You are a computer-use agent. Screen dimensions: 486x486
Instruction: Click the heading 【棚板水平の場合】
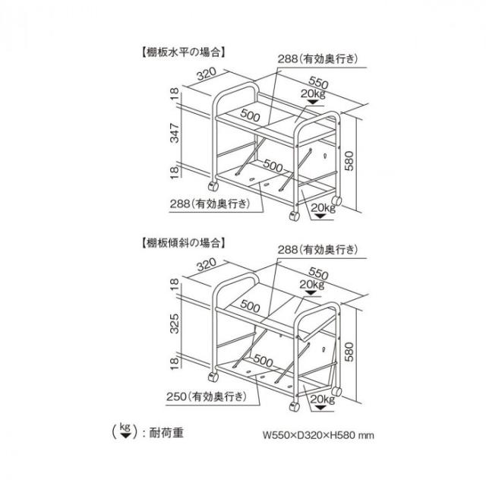[x=183, y=52]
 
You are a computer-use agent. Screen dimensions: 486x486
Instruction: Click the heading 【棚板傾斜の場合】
[x=183, y=242]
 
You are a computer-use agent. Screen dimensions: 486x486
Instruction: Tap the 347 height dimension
[x=175, y=134]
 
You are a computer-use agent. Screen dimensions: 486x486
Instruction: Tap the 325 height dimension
[x=175, y=323]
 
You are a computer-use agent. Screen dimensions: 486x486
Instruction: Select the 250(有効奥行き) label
[x=207, y=396]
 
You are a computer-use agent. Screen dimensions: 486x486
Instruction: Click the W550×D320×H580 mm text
[x=319, y=435]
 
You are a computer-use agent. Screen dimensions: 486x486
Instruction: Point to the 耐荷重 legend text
[x=166, y=433]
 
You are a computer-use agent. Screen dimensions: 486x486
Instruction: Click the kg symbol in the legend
[x=125, y=431]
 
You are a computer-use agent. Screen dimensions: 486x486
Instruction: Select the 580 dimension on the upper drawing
[x=349, y=161]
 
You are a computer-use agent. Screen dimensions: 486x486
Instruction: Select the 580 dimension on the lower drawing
[x=349, y=352]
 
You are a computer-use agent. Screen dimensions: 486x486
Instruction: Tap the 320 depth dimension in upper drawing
[x=207, y=74]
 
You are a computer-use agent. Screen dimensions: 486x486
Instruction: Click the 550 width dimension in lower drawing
[x=318, y=273]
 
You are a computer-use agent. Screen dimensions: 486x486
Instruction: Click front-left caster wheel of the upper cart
[x=213, y=186]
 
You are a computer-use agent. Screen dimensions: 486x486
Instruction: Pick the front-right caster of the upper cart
[x=294, y=216]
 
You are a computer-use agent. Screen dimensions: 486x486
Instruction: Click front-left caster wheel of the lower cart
[x=213, y=377]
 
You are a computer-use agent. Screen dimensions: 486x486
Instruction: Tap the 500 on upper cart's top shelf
[x=250, y=115]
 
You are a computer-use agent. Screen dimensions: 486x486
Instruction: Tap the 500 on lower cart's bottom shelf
[x=264, y=360]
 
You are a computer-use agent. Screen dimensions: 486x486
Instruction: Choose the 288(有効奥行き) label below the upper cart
[x=210, y=204]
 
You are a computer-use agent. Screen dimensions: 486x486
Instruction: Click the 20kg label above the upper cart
[x=313, y=93]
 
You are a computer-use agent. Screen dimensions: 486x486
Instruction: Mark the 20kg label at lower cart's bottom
[x=323, y=399]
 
